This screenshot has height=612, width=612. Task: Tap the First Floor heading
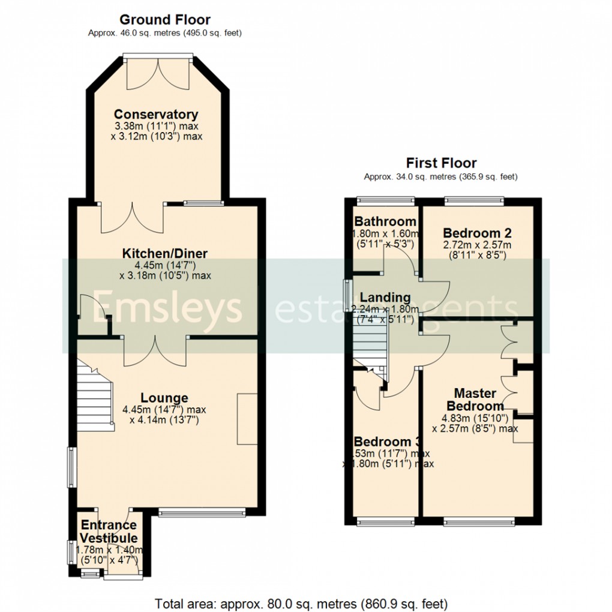pos(441,163)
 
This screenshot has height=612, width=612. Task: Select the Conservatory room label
pos(156,114)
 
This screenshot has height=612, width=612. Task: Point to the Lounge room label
pos(164,398)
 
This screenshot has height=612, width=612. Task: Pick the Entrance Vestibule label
pos(109,531)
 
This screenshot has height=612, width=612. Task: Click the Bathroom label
pos(385,221)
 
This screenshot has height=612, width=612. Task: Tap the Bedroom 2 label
pos(476,233)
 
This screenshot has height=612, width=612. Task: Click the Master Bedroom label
pos(475,400)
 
